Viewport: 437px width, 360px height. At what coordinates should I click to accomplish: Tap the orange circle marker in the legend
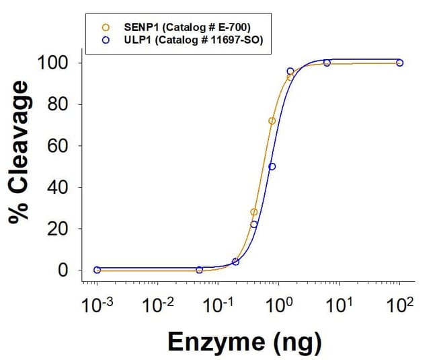coord(105,28)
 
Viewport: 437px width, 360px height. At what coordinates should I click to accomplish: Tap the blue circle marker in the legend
coord(105,40)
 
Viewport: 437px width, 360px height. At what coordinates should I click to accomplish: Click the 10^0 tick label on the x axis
coord(277,306)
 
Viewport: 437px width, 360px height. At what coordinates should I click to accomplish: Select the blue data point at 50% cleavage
coord(272,167)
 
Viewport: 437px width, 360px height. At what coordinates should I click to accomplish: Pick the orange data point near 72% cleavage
coord(272,121)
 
